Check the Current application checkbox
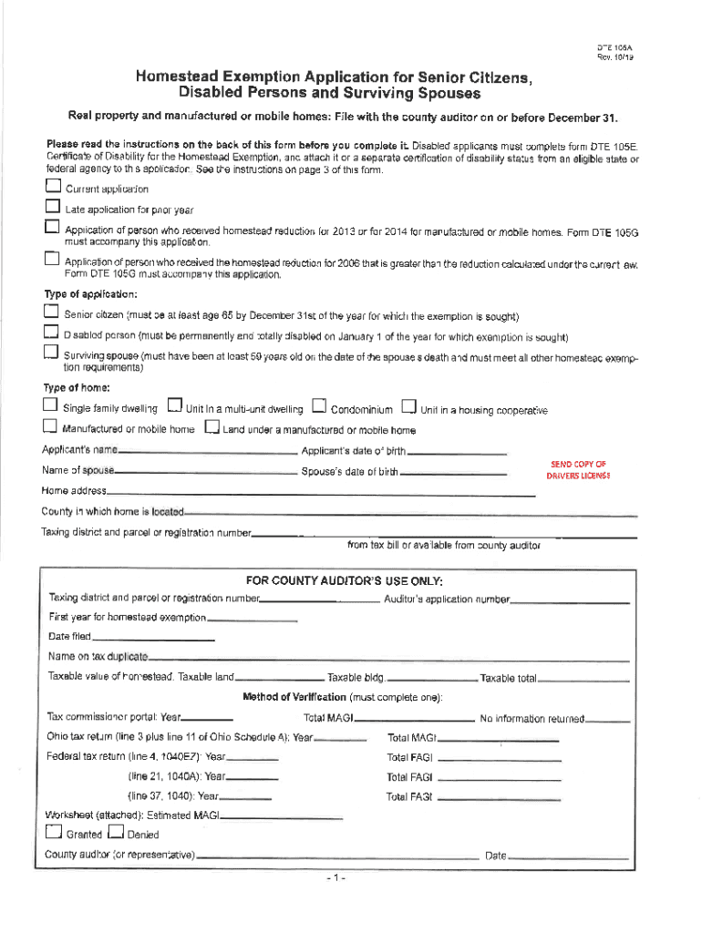52,187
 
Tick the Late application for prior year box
52,208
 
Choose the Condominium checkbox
319,406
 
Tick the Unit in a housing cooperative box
409,406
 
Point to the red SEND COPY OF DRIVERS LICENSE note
578,470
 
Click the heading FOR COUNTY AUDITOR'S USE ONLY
345,580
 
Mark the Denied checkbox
116,832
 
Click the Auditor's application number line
570,602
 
